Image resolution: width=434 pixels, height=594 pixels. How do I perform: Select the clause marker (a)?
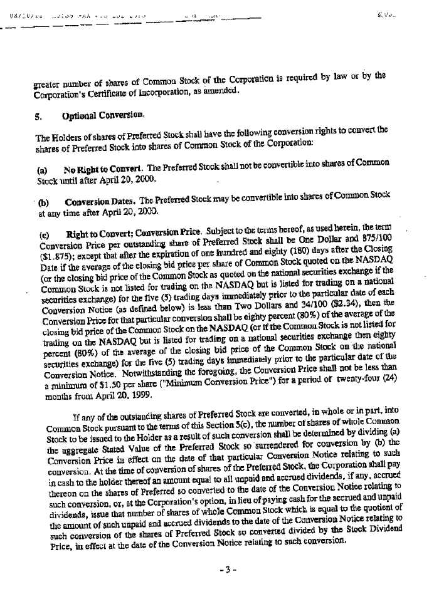pyautogui.click(x=41, y=170)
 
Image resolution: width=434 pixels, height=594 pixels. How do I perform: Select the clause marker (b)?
pyautogui.click(x=44, y=202)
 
